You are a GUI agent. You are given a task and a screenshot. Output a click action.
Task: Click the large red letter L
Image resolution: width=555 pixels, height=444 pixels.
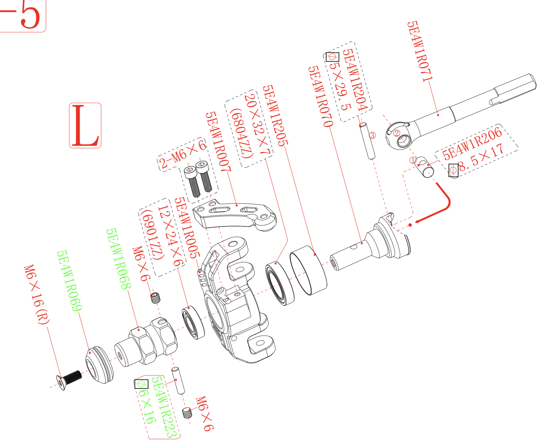(85, 125)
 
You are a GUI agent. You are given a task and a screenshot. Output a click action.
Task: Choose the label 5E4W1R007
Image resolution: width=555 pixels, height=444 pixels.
(218, 141)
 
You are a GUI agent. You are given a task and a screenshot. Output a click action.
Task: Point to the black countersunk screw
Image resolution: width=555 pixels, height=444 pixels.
(69, 378)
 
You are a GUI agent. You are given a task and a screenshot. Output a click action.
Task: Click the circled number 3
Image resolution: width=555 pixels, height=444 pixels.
(372, 135)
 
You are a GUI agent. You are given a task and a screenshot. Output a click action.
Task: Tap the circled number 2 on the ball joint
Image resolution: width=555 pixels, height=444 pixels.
(397, 133)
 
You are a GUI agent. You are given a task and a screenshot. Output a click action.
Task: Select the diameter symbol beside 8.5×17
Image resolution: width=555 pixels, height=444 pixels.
(453, 170)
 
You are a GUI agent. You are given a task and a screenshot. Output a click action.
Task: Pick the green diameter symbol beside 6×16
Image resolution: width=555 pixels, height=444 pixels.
(141, 384)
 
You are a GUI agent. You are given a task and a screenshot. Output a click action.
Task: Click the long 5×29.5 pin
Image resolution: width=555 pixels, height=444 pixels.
(367, 141)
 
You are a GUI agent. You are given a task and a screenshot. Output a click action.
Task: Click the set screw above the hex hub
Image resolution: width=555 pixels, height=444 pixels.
(155, 297)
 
